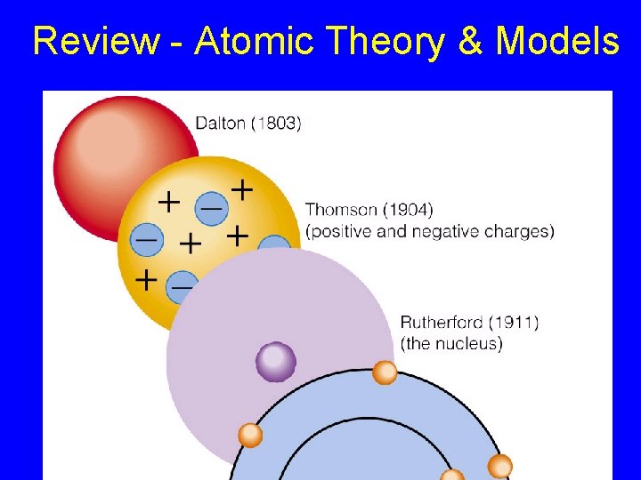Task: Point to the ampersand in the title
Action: point(469,42)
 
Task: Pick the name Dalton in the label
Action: point(220,124)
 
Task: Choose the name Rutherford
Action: point(441,322)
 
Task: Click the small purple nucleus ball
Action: point(276,361)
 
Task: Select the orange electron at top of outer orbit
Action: point(385,372)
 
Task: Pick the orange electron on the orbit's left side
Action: point(251,436)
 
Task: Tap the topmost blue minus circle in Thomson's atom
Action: point(211,207)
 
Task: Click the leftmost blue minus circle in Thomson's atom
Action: point(146,239)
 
